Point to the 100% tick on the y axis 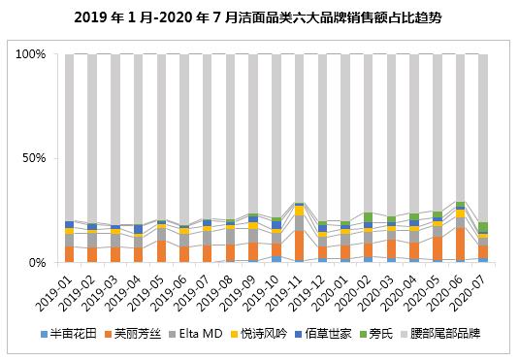point(31,55)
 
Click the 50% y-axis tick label point(35,158)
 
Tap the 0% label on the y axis point(38,262)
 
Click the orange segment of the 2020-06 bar point(460,244)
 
